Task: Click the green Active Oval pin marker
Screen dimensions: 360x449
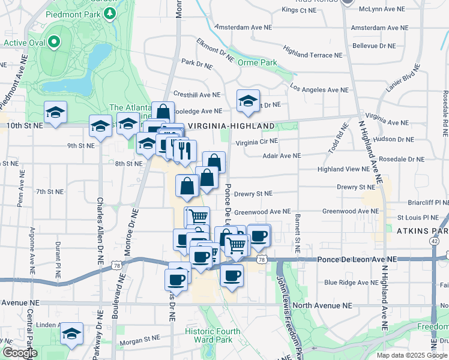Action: (x=53, y=42)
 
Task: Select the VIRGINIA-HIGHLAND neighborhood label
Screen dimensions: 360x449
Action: (x=231, y=126)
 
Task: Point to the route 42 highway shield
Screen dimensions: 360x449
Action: (x=433, y=240)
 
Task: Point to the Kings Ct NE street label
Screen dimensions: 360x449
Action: (x=299, y=10)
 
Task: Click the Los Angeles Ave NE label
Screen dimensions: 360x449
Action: (x=319, y=89)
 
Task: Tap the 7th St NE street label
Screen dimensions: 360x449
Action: (x=50, y=192)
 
